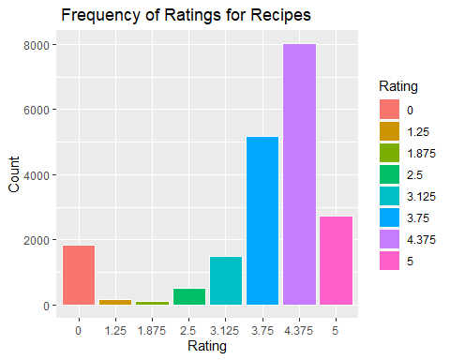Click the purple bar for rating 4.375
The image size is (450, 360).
(x=299, y=174)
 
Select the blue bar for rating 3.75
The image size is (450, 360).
(x=262, y=221)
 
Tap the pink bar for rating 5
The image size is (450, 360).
(x=336, y=261)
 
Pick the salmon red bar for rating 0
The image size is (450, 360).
(x=78, y=275)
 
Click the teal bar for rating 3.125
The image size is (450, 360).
(x=225, y=280)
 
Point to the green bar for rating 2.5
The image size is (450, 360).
(x=188, y=296)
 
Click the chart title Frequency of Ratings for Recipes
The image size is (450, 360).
(x=186, y=16)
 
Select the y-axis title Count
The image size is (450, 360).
(x=14, y=174)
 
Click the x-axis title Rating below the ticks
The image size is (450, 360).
(x=206, y=347)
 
